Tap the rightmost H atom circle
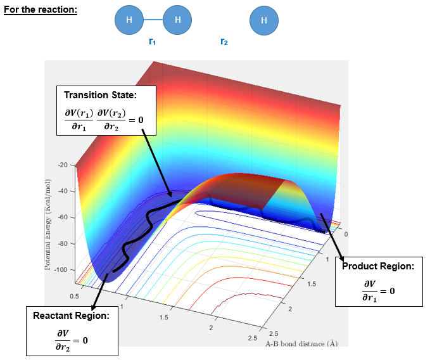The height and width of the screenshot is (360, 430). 264,20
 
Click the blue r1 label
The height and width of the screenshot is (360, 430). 152,42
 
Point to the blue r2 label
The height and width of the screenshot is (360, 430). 224,42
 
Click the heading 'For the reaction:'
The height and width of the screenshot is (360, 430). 41,10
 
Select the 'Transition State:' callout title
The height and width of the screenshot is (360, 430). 100,94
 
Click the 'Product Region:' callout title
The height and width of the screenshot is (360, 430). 378,266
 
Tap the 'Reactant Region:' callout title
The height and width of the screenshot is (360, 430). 71,315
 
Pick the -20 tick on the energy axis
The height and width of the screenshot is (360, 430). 62,165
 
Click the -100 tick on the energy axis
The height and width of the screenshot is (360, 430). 60,270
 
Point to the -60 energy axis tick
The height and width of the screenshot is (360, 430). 62,217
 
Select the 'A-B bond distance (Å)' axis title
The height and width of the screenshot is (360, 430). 301,343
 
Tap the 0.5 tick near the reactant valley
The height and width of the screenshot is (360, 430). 75,295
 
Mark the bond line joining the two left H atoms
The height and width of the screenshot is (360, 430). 153,20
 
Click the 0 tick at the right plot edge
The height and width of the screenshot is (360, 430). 345,234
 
